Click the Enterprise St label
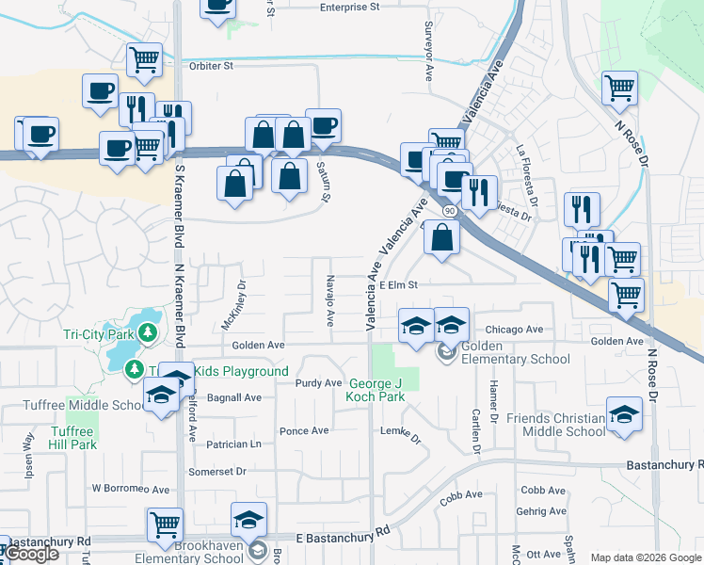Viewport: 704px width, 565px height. [348, 7]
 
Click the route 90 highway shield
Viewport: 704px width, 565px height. [451, 212]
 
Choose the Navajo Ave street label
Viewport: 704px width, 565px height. [330, 300]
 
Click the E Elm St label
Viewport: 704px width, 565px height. [398, 283]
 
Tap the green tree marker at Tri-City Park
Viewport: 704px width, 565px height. [148, 332]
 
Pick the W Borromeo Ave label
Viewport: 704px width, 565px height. [130, 489]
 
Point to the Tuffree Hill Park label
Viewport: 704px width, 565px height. [72, 438]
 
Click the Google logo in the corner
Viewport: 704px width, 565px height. [31, 554]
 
